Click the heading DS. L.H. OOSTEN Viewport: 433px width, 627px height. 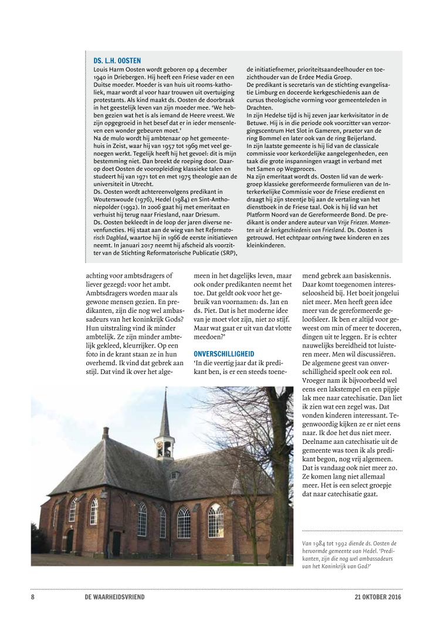click(x=117, y=60)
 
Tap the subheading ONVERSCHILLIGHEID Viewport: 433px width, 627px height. click(x=224, y=354)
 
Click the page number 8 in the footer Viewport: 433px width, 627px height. click(x=33, y=597)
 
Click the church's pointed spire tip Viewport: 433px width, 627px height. click(x=166, y=390)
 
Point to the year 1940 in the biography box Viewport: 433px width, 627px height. click(x=100, y=76)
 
